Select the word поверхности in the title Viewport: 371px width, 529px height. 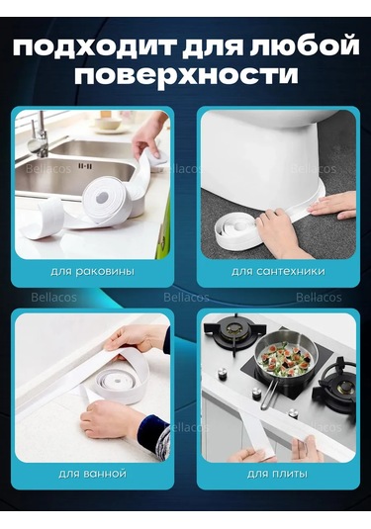point(185,77)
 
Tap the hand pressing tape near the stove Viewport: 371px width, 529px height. point(245,454)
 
